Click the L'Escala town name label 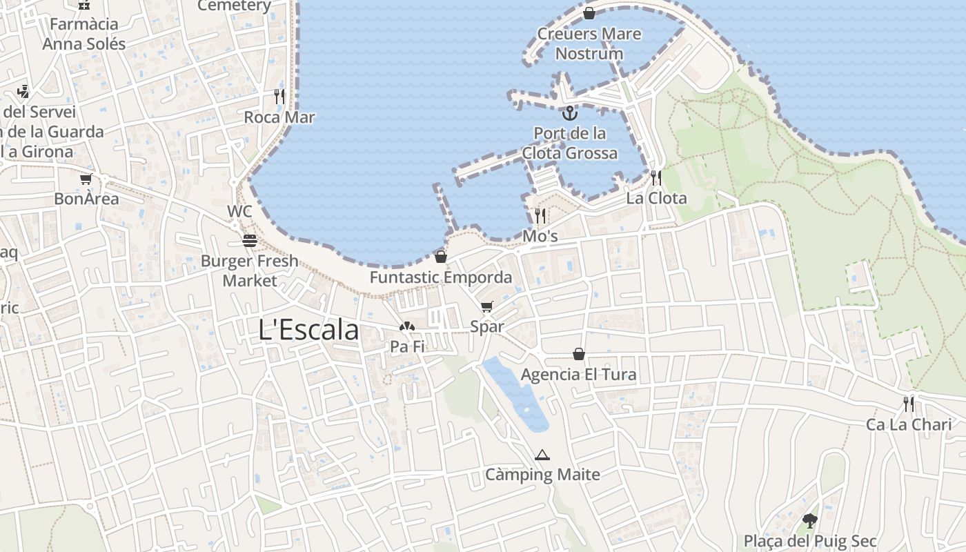click(308, 330)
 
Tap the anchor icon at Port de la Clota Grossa click(569, 112)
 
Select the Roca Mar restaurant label click(279, 117)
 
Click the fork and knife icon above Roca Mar click(279, 97)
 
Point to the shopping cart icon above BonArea click(86, 179)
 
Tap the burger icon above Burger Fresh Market click(250, 241)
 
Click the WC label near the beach click(239, 211)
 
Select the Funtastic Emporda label click(441, 277)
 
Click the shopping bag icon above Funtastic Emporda click(441, 257)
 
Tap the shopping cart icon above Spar click(487, 307)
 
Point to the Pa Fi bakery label click(407, 346)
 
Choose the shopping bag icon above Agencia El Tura click(579, 355)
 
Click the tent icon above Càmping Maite click(542, 455)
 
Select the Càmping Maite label click(542, 475)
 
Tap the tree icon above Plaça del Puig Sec click(810, 521)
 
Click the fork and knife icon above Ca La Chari click(909, 404)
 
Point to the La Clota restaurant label click(656, 199)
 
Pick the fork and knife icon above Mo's click(540, 216)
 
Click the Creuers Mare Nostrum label click(589, 43)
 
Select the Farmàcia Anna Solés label click(84, 34)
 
